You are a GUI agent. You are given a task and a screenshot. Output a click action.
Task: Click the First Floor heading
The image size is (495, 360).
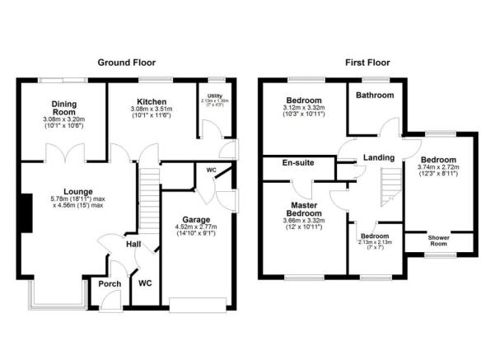click(367, 63)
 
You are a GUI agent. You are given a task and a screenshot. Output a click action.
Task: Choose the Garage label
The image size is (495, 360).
click(196, 221)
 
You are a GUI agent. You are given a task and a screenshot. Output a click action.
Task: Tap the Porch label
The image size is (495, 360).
click(110, 284)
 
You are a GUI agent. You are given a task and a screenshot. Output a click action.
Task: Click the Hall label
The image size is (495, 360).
click(133, 245)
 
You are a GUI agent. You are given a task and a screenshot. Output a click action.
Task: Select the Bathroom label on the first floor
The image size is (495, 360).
click(374, 96)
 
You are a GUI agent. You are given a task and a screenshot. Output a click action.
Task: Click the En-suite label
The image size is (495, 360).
click(298, 163)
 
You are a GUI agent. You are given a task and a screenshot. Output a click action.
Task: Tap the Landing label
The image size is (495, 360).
click(378, 157)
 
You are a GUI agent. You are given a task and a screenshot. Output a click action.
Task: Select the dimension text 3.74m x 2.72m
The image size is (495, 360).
click(441, 168)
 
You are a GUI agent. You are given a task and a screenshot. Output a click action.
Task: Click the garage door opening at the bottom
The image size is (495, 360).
click(196, 303)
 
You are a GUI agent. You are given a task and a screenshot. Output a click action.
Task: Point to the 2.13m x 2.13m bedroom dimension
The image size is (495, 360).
click(374, 241)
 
